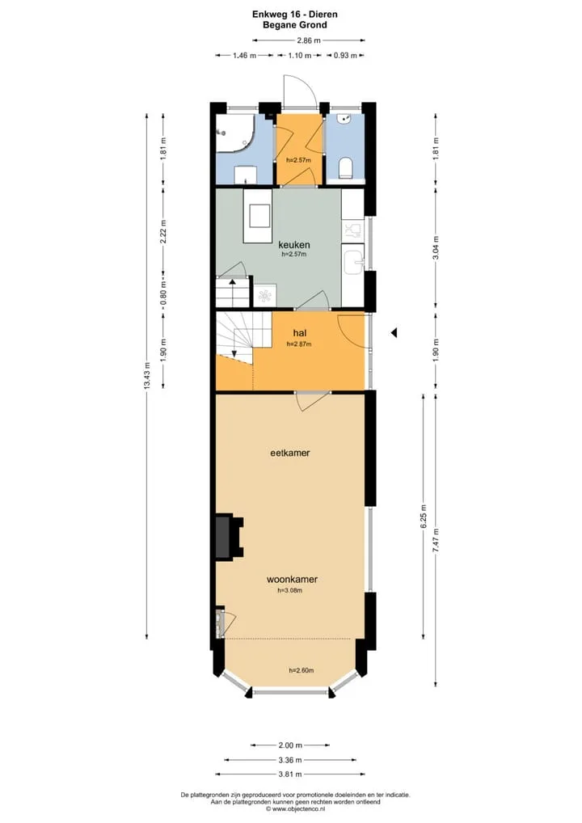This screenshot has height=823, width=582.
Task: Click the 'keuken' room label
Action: point(294,245)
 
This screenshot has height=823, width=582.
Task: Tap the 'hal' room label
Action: point(300,333)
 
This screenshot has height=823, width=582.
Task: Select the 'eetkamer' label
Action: point(290,453)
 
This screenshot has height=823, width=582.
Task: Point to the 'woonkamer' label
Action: point(293,580)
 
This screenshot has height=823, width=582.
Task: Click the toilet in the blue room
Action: point(345,167)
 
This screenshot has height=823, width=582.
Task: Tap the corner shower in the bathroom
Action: point(235,133)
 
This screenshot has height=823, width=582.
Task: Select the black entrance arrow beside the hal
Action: point(394,333)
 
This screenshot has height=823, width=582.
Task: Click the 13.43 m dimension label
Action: point(147,376)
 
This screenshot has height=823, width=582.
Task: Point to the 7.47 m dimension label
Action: point(436,540)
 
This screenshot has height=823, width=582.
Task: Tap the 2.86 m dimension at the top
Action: point(309,40)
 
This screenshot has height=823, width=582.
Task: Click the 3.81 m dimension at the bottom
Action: point(290,774)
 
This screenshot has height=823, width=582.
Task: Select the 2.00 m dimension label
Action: point(290,745)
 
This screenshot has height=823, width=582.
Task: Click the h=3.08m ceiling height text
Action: point(290,590)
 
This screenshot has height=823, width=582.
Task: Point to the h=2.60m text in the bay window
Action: point(302,670)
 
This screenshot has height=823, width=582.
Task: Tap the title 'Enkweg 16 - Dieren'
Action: point(295,15)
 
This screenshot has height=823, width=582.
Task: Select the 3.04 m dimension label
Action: point(436,248)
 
